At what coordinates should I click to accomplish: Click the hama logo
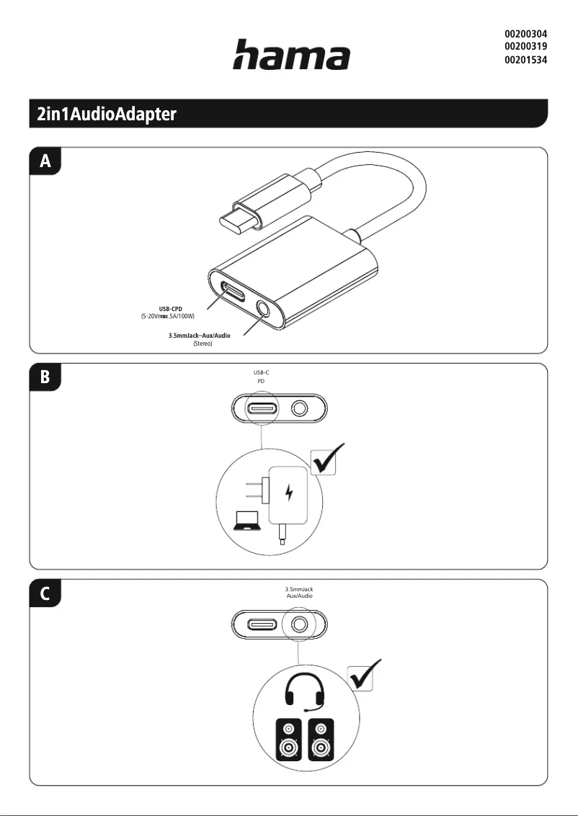pyautogui.click(x=290, y=55)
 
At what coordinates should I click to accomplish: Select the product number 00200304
pyautogui.click(x=525, y=34)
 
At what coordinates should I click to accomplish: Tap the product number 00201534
pyautogui.click(x=525, y=60)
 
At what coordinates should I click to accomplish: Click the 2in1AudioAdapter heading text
pyautogui.click(x=107, y=115)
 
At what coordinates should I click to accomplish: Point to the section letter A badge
pyautogui.click(x=45, y=162)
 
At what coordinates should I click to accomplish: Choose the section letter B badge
pyautogui.click(x=45, y=377)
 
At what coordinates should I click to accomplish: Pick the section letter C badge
pyautogui.click(x=45, y=594)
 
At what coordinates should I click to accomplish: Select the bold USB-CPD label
pyautogui.click(x=170, y=308)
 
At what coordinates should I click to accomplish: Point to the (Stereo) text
pyautogui.click(x=203, y=344)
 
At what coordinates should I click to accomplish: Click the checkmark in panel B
pyautogui.click(x=328, y=459)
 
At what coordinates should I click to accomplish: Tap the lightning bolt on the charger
pyautogui.click(x=289, y=493)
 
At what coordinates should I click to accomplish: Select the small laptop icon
pyautogui.click(x=247, y=519)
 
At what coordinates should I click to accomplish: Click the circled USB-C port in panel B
pyautogui.click(x=259, y=409)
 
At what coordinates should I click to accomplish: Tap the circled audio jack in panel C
pyautogui.click(x=299, y=624)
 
